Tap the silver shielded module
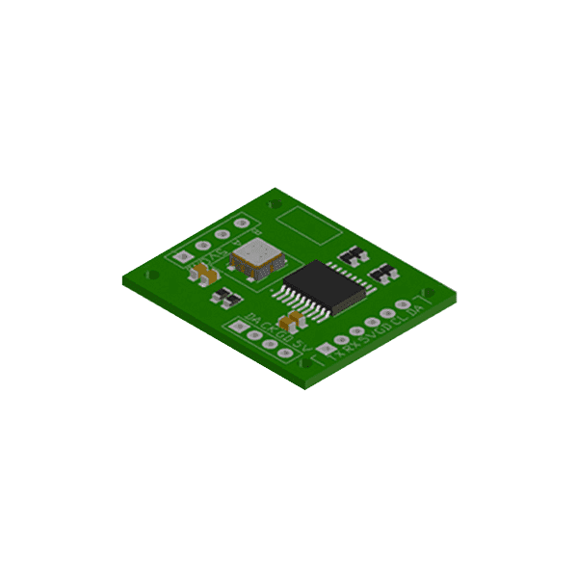pos(256,258)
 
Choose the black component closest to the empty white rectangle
pos(353,255)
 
